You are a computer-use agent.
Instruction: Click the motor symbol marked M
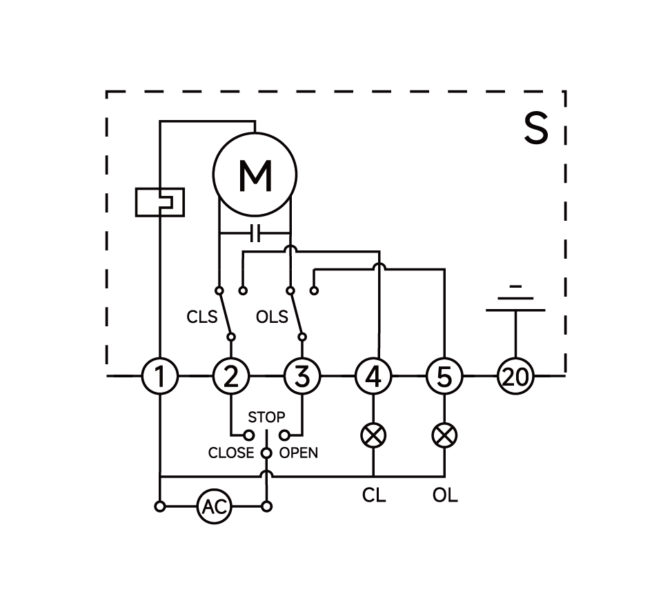[x=255, y=175]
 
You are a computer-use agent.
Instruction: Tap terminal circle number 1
[x=160, y=377]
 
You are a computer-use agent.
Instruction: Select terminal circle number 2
[x=231, y=377]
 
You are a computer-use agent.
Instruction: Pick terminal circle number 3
[x=302, y=377]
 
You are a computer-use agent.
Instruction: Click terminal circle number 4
[x=373, y=377]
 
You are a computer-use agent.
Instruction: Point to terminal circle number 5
[x=444, y=377]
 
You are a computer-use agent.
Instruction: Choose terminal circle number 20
[x=515, y=377]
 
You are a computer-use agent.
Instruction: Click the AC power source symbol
[x=214, y=507]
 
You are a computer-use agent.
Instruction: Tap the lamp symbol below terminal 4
[x=373, y=435]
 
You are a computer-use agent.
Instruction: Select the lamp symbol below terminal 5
[x=444, y=435]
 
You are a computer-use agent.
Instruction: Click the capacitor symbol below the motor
[x=255, y=234]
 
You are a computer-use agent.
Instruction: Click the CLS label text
[x=201, y=317]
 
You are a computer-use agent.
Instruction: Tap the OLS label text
[x=272, y=317]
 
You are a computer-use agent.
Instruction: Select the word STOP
[x=266, y=417]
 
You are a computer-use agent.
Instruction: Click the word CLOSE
[x=231, y=453]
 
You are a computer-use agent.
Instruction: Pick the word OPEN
[x=299, y=453]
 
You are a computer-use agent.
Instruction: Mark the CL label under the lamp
[x=373, y=495]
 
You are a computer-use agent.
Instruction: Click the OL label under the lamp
[x=445, y=495]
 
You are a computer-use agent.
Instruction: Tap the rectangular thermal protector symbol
[x=160, y=202]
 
